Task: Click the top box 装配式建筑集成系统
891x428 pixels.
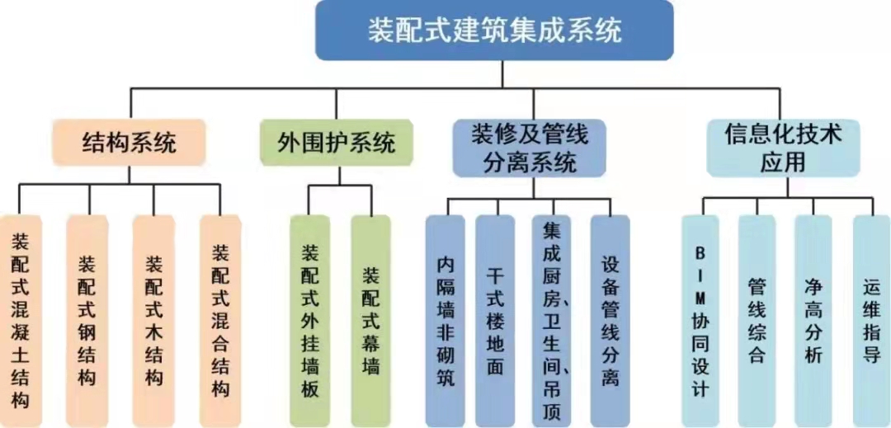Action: point(493,31)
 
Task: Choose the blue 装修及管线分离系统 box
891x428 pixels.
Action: point(529,148)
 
